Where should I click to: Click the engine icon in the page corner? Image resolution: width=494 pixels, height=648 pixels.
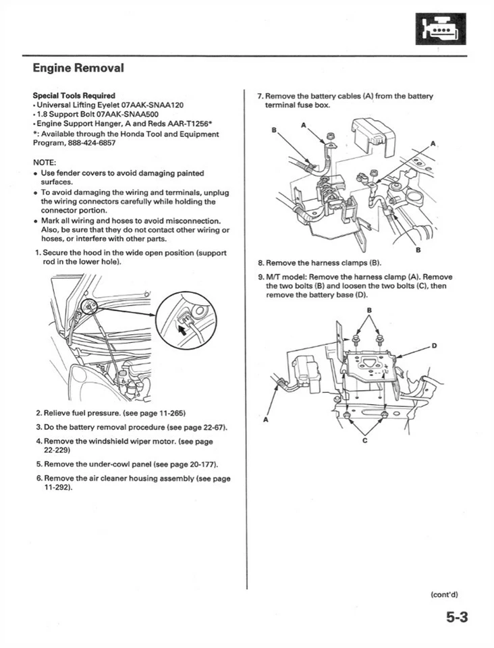pyautogui.click(x=439, y=28)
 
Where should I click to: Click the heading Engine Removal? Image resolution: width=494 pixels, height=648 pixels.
pyautogui.click(x=78, y=68)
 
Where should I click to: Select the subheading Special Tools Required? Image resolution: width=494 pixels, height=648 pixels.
pyautogui.click(x=74, y=95)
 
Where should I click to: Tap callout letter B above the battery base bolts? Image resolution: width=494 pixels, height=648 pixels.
pyautogui.click(x=368, y=310)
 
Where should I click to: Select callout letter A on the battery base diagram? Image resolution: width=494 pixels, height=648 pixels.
pyautogui.click(x=265, y=420)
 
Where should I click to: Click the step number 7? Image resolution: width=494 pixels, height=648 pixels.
pyautogui.click(x=260, y=96)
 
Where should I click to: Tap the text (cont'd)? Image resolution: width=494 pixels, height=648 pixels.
pyautogui.click(x=444, y=594)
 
